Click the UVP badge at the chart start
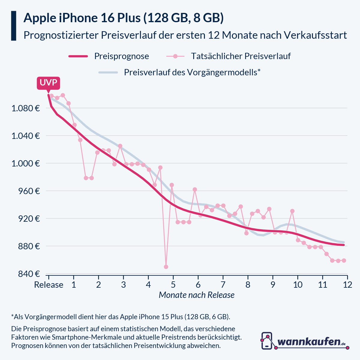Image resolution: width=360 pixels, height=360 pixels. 48,83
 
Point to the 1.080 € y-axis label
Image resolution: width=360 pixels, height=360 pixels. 26,108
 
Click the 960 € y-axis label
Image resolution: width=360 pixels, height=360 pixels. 29,191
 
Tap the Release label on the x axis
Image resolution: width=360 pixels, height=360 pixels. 49,285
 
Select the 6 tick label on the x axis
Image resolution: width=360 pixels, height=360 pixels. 198,285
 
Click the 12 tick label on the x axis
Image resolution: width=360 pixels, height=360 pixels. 347,285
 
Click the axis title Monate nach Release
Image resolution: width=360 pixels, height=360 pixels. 196,295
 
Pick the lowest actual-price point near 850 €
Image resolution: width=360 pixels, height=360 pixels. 166,267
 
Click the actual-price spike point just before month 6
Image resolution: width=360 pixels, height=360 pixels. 195,189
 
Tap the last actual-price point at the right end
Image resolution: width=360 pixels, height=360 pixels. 344,260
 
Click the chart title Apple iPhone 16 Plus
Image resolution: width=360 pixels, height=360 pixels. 123,18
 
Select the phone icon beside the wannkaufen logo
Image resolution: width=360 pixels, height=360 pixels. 267,341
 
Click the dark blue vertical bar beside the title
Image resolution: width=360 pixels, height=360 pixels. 13,26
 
